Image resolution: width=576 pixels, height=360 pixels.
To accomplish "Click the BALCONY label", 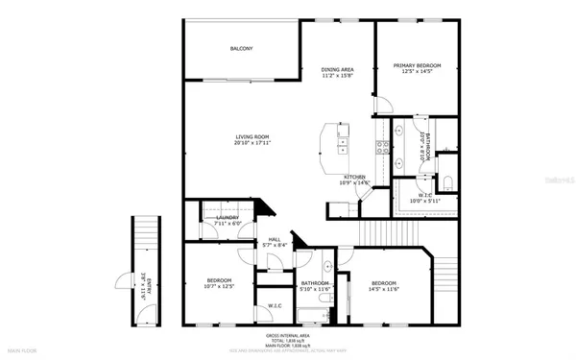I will tap(241, 49).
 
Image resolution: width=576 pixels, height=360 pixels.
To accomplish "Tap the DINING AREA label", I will tap(337, 68).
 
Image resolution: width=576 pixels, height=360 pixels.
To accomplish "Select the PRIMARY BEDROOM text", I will tap(417, 65).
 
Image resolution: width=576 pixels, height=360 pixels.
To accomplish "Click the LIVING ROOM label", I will tap(252, 136).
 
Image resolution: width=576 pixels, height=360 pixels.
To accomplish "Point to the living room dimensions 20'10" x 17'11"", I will tap(252, 143).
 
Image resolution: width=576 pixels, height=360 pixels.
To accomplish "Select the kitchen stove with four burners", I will tap(381, 148).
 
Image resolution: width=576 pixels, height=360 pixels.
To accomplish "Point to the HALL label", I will tap(274, 239).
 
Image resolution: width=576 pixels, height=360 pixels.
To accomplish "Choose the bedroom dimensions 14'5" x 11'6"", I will tap(385, 287).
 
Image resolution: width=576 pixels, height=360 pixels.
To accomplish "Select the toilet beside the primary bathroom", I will tap(448, 182).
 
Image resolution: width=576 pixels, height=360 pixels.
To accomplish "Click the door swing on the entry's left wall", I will tap(122, 281).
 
